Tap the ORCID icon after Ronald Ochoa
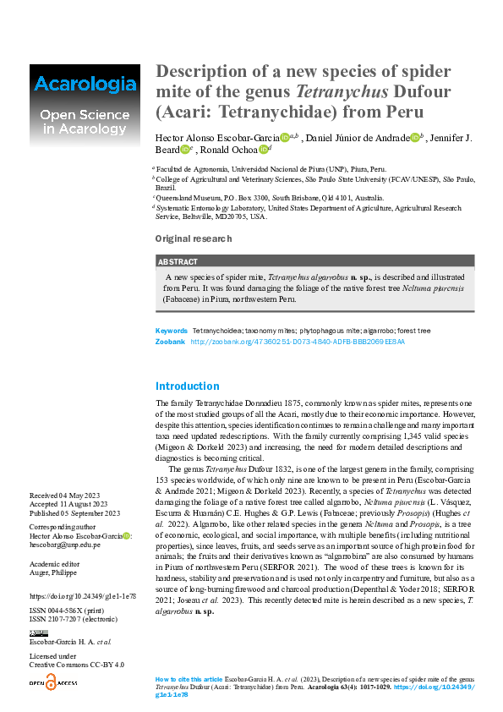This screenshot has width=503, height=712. (263, 150)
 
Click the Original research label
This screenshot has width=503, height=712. (194, 238)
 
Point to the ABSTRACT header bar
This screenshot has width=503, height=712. (314, 262)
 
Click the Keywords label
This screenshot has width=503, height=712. (172, 331)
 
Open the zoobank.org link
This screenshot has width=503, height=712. (298, 342)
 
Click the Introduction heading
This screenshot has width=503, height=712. (187, 386)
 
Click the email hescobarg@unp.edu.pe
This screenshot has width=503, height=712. (65, 545)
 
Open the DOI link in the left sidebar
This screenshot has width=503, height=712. (83, 596)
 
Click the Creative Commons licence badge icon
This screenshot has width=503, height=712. (39, 633)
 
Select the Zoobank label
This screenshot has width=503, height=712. (170, 342)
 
